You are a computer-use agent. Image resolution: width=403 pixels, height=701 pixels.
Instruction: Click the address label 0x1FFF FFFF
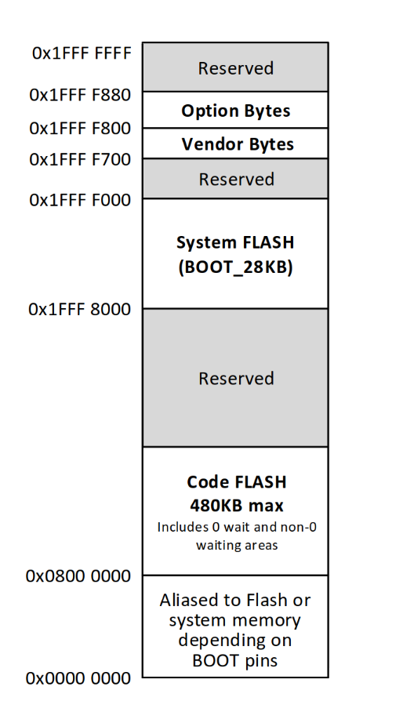click(82, 53)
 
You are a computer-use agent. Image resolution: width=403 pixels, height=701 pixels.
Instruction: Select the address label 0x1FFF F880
click(80, 95)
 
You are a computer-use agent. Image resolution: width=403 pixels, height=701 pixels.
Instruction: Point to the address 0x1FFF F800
click(80, 129)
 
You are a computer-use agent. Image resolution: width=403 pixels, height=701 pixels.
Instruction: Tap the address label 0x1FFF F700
click(80, 159)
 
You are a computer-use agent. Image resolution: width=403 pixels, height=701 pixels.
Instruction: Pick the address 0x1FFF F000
click(80, 200)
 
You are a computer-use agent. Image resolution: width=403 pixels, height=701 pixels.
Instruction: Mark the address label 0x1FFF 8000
click(79, 309)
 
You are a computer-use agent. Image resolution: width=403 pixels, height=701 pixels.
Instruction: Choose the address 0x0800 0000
click(78, 576)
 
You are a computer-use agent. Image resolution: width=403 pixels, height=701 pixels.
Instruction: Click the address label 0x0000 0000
click(78, 678)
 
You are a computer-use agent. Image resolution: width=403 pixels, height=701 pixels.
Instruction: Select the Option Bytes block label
click(236, 111)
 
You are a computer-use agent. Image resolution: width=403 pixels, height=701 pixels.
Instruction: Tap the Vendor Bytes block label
click(238, 144)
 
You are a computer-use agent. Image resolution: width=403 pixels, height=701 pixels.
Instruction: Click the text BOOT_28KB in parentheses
click(235, 267)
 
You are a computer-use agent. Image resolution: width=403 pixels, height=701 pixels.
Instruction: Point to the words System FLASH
click(235, 242)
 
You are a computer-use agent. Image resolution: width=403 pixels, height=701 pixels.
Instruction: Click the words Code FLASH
click(237, 482)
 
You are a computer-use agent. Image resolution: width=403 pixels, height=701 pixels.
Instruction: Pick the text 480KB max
click(237, 506)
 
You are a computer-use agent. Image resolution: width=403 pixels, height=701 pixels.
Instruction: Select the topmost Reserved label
click(236, 68)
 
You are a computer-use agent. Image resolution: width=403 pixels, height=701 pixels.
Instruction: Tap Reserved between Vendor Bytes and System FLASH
click(236, 180)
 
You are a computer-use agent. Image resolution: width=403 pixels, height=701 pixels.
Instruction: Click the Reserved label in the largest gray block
click(236, 379)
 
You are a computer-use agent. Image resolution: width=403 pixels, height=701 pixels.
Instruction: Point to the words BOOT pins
click(235, 660)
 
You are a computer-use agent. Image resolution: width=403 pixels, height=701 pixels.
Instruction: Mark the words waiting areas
click(237, 546)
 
